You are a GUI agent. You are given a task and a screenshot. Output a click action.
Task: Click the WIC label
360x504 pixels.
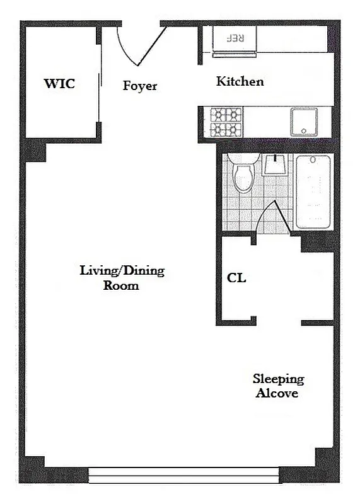point(59,83)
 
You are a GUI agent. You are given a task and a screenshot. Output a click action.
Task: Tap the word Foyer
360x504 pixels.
point(139,86)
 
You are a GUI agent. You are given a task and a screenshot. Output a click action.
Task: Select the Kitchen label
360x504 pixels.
point(240,81)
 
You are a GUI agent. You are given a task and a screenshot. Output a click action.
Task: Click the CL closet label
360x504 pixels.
point(236,278)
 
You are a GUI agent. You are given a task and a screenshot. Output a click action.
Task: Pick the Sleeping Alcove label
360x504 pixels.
point(277,386)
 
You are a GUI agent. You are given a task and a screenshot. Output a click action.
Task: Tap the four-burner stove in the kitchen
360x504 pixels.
point(226,122)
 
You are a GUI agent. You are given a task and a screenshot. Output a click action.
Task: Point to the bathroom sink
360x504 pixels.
point(275,165)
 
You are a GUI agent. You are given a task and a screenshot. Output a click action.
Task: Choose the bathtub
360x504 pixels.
point(313,191)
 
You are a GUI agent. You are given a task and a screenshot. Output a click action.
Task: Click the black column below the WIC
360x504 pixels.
point(36,150)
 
